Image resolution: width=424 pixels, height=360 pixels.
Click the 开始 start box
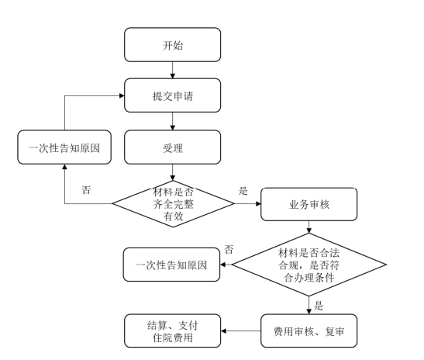(x=173, y=45)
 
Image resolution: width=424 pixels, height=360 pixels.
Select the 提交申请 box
(x=173, y=95)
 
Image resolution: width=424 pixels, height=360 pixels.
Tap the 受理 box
(x=173, y=147)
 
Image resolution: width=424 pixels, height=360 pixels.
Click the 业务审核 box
(x=309, y=204)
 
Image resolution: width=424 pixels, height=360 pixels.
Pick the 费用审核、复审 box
(x=309, y=331)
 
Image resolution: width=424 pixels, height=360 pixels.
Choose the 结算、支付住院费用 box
(x=173, y=331)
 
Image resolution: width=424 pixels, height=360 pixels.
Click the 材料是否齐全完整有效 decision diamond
(x=173, y=204)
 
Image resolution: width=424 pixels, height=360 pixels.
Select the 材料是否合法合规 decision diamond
(x=309, y=265)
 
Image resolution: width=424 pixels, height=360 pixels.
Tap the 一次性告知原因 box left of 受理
(x=64, y=147)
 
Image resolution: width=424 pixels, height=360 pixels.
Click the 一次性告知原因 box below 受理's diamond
(x=171, y=265)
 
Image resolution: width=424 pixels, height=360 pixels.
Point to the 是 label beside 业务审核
(x=243, y=191)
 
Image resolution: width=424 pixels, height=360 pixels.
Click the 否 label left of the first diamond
(x=86, y=190)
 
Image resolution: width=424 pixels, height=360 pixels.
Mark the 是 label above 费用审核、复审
(x=319, y=306)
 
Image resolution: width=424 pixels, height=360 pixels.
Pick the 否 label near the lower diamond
(x=229, y=249)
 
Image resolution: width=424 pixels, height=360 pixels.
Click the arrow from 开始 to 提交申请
(x=173, y=70)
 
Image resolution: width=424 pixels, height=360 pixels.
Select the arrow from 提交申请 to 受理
(x=173, y=121)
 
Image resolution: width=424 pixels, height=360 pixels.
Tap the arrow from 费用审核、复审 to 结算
(x=240, y=331)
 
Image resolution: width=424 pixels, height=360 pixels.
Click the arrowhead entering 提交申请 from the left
(x=122, y=95)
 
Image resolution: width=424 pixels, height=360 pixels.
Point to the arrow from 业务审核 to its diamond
(x=309, y=227)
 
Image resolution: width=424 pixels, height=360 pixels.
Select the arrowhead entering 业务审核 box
(x=258, y=203)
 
